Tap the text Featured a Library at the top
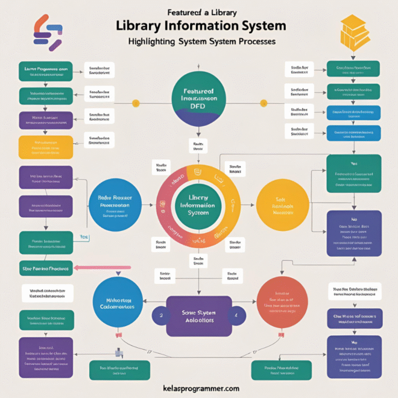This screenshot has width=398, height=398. (198, 11)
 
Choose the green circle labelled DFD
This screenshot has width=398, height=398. (199, 96)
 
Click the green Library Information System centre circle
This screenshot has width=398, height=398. (198, 206)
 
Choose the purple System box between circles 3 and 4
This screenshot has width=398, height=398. (198, 316)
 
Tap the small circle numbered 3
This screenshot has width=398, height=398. (161, 315)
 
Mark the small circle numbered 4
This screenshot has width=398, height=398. (236, 315)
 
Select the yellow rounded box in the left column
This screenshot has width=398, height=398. (46, 147)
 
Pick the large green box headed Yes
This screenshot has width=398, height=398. (353, 173)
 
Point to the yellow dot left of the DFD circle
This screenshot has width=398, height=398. (136, 103)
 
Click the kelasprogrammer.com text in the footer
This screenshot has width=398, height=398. (199, 389)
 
